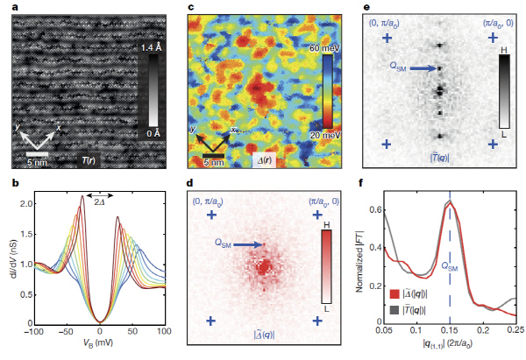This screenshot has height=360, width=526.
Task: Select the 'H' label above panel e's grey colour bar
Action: click(503, 53)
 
